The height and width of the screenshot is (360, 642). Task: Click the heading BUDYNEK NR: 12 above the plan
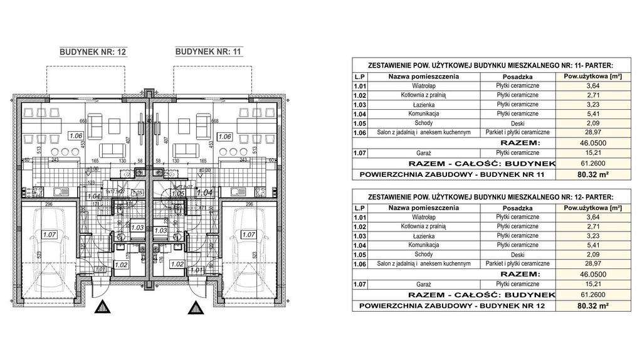pyautogui.click(x=93, y=53)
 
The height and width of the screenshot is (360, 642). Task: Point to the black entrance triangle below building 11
pyautogui.click(x=196, y=307)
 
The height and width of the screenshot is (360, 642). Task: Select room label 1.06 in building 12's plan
pyautogui.click(x=76, y=135)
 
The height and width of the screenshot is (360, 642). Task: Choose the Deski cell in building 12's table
pyautogui.click(x=518, y=255)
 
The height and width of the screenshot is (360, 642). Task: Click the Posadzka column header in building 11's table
pyautogui.click(x=518, y=77)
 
